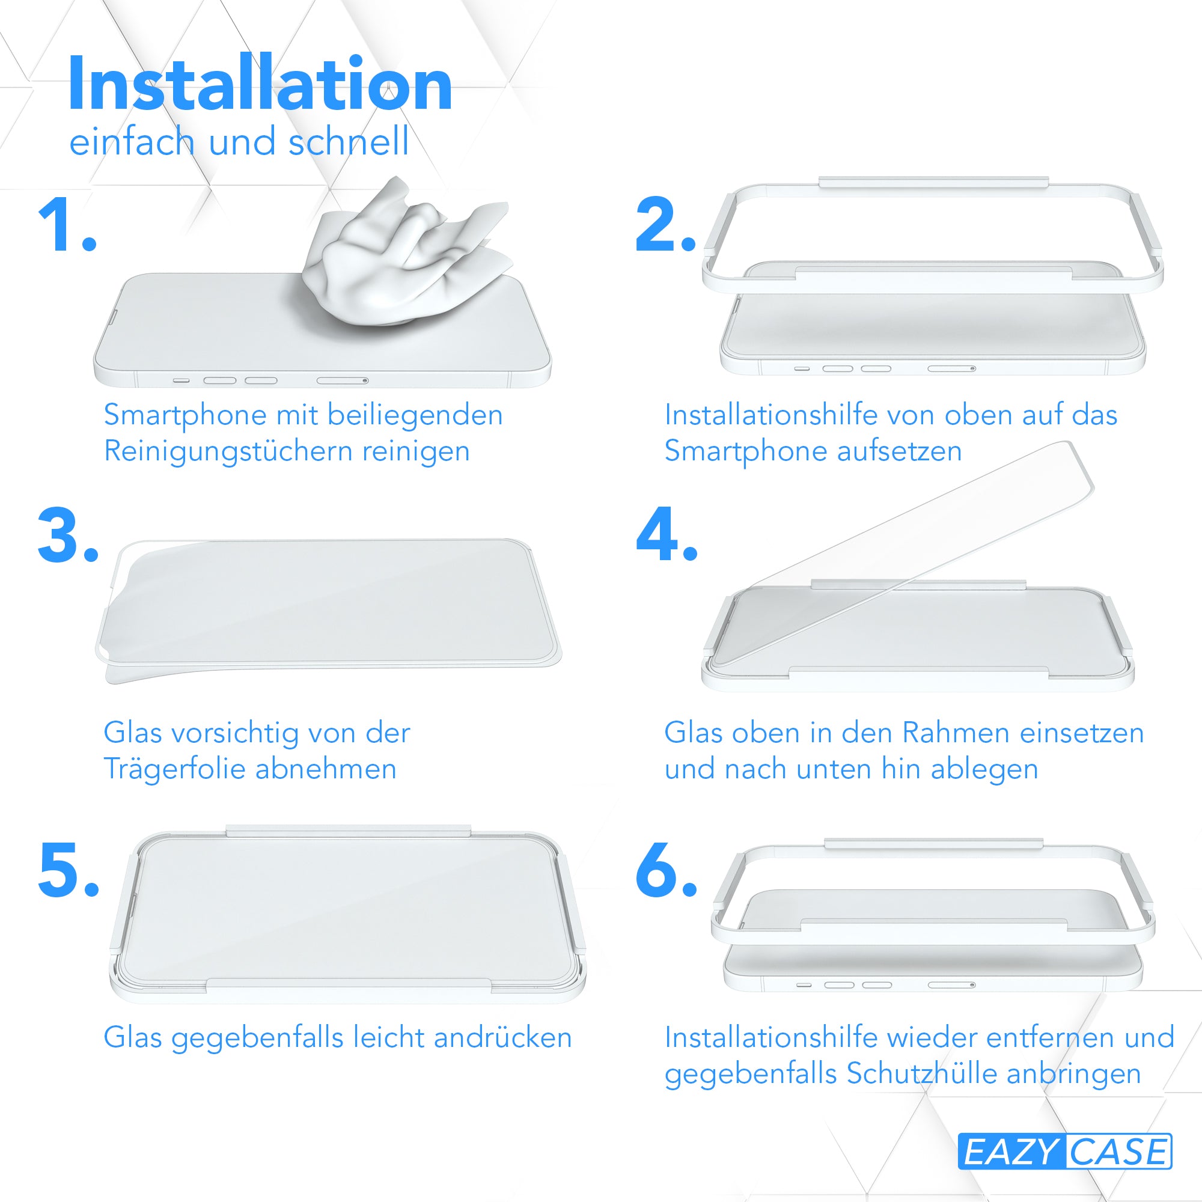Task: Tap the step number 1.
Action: [67, 225]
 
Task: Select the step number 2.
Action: [665, 225]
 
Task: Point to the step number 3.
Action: [68, 535]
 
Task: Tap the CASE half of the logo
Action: [1118, 1152]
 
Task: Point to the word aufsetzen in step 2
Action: [900, 451]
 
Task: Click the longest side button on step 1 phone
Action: [343, 380]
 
